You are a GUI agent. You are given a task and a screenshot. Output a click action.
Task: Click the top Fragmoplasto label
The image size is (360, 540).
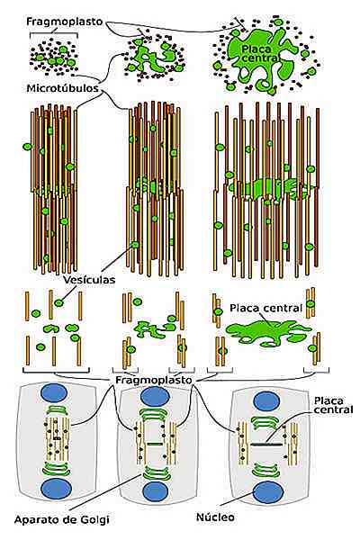tap(65, 22)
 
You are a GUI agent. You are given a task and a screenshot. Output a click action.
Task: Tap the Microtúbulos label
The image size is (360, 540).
tap(63, 88)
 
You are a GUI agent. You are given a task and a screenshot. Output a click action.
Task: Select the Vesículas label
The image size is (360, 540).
tap(90, 279)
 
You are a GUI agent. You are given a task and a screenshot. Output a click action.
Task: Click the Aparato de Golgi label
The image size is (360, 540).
tap(62, 519)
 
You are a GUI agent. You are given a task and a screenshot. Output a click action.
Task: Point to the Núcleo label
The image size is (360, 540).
tap(215, 517)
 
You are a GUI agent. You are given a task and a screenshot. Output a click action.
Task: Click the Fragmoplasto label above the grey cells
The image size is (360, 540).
tap(153, 380)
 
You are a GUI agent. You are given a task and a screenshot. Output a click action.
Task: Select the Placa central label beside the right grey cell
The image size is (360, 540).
tap(333, 405)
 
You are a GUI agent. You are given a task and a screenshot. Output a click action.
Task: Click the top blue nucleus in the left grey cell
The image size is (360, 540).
tap(54, 393)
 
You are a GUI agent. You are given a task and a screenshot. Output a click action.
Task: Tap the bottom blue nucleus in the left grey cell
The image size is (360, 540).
tap(56, 489)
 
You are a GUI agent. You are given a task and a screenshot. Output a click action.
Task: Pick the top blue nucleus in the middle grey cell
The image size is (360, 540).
tap(155, 396)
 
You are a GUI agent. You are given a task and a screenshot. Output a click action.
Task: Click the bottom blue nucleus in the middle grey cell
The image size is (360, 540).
tap(156, 491)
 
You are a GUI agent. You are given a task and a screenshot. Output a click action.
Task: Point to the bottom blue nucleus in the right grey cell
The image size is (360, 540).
tap(268, 492)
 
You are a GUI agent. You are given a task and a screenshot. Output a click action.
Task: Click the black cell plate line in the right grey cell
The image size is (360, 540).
tap(266, 445)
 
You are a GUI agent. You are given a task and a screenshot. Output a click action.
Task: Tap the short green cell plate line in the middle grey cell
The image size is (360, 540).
tap(155, 445)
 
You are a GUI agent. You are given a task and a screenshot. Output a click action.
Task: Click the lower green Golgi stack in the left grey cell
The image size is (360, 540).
tap(56, 469)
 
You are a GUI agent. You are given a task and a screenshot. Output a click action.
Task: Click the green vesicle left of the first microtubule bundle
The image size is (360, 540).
tap(27, 147)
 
